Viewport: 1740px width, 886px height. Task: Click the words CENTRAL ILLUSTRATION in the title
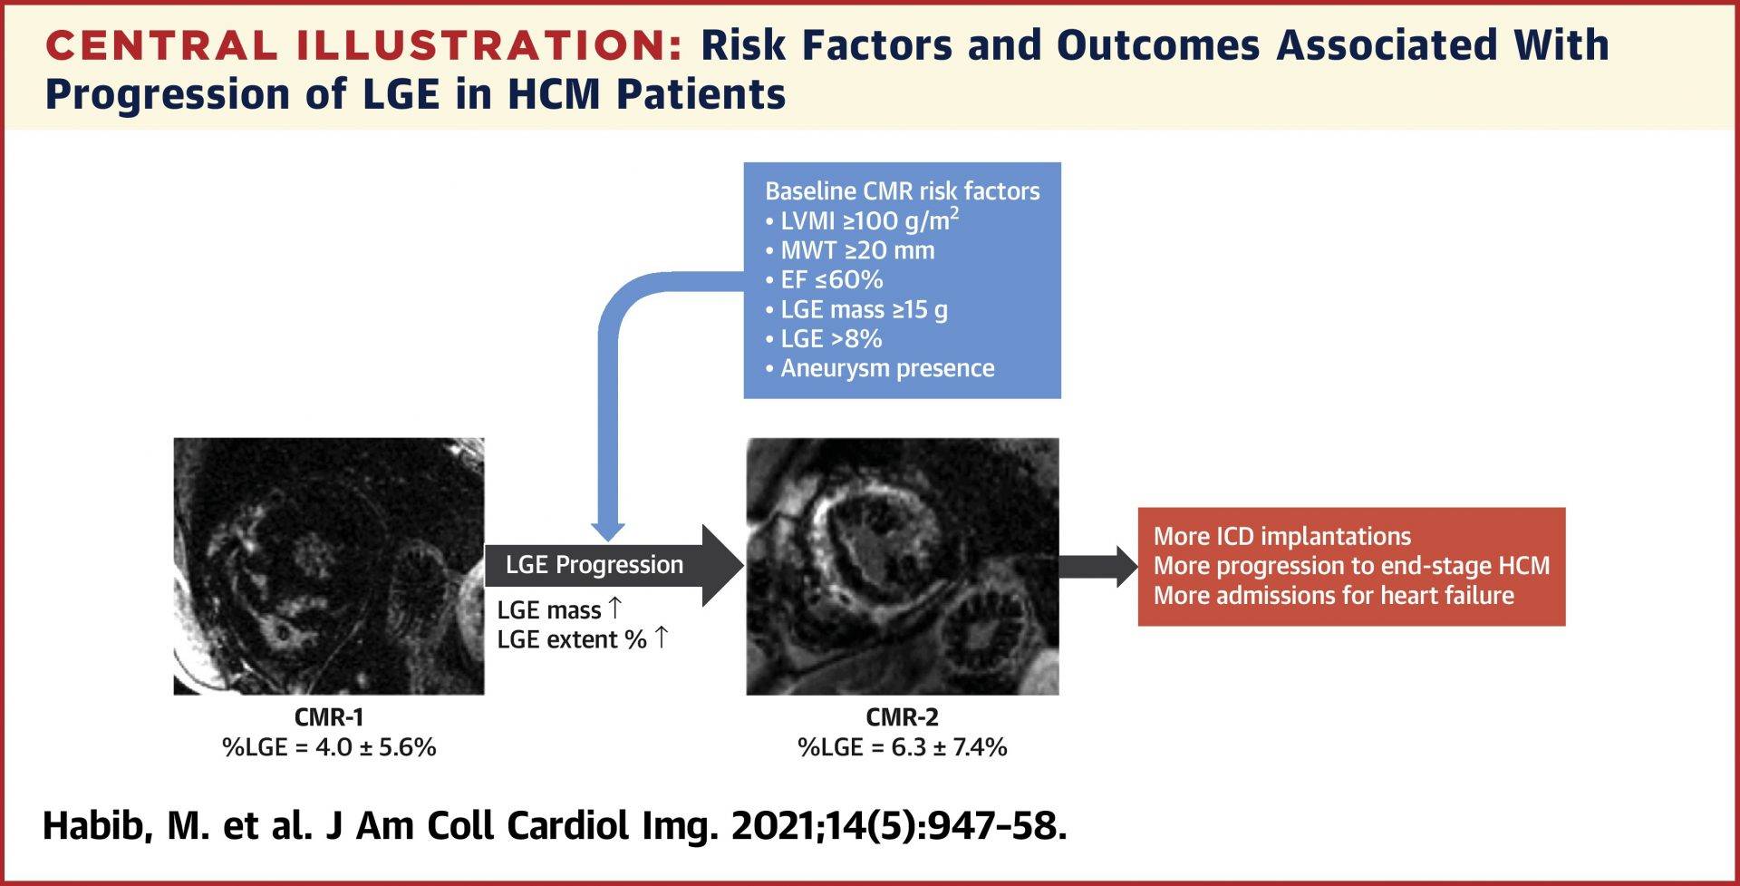point(362,46)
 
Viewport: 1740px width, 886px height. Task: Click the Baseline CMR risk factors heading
point(902,191)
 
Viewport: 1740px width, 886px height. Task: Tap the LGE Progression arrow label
point(594,564)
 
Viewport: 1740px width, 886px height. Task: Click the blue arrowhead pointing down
point(608,531)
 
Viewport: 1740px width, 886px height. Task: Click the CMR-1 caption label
point(329,717)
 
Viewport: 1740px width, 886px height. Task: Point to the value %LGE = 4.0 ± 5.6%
point(329,747)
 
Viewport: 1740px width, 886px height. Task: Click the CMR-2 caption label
point(902,717)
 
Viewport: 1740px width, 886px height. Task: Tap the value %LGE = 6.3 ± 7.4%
point(902,747)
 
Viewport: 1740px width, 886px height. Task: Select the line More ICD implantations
point(1281,536)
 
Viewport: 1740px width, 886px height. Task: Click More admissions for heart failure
point(1333,596)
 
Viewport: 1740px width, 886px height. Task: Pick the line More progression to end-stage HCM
point(1350,566)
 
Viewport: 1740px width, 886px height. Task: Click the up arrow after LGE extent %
point(662,638)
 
